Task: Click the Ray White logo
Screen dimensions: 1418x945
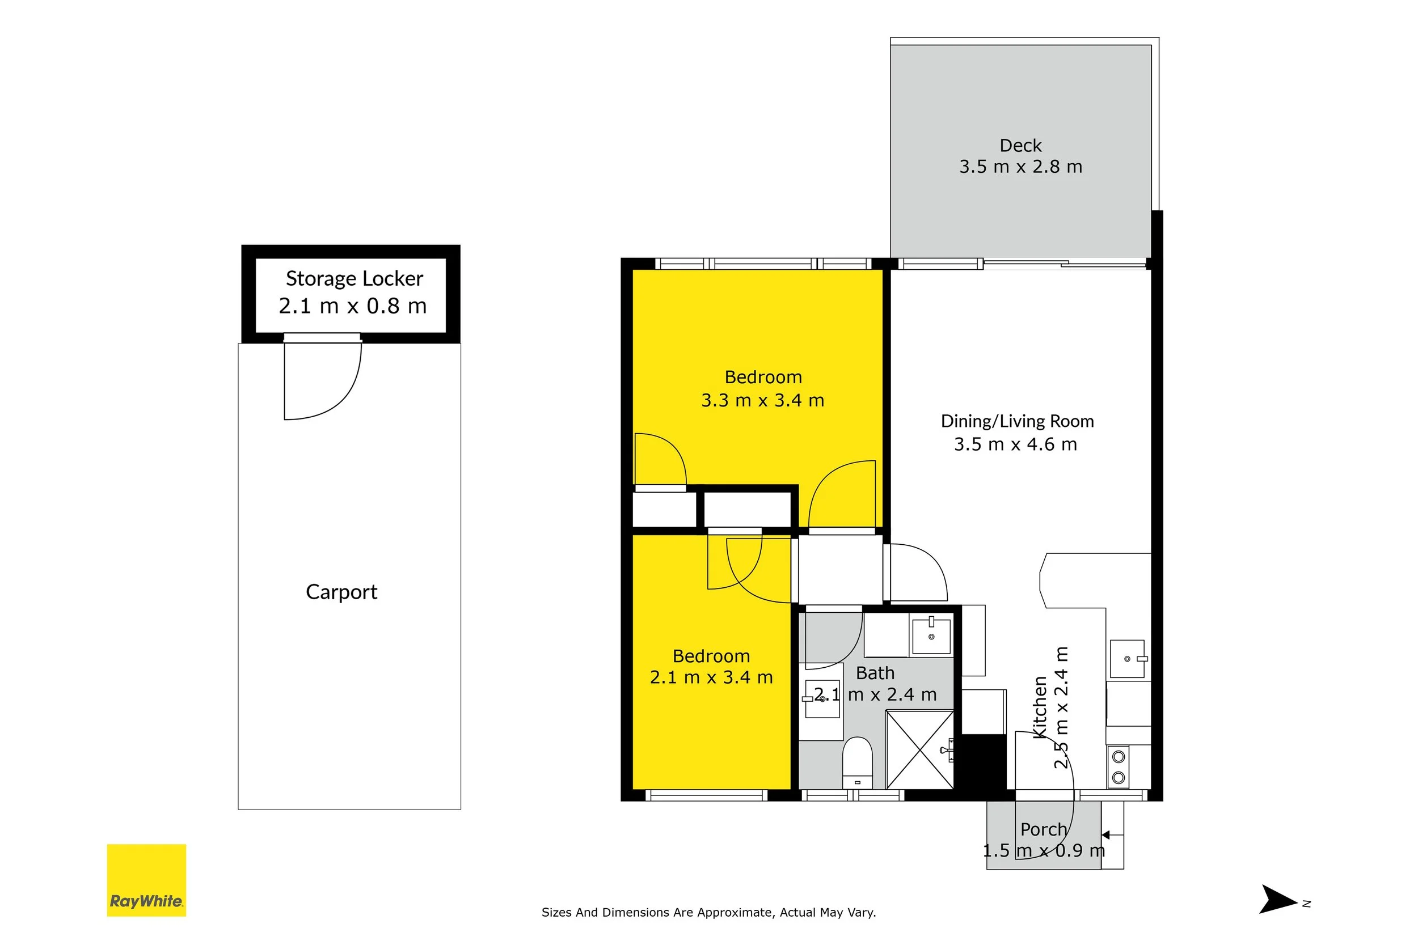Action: [x=146, y=880]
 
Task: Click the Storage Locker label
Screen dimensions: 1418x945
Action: [x=354, y=278]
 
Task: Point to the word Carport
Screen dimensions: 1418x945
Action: [x=341, y=592]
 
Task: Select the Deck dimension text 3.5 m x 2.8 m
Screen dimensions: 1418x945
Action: [x=1021, y=166]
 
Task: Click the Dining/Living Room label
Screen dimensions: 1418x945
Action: [x=1017, y=421]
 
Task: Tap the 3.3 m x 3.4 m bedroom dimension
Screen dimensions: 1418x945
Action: [x=763, y=400]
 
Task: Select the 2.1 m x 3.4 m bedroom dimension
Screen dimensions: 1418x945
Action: [x=711, y=677]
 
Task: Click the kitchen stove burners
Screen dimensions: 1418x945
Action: [x=1119, y=766]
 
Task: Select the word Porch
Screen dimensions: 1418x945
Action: [x=1044, y=830]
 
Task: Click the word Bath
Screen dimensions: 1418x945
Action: [x=875, y=673]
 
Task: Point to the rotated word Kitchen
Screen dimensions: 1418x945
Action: [x=1040, y=706]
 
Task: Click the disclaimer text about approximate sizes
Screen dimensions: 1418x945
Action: [x=708, y=913]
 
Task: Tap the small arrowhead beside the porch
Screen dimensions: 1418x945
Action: [x=1105, y=834]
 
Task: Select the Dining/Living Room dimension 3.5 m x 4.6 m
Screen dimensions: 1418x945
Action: [x=1015, y=444]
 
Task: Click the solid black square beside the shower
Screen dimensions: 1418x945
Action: [x=984, y=762]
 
